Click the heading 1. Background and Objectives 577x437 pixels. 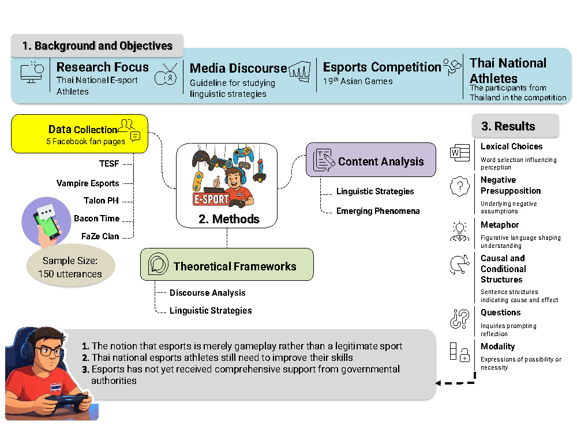coord(97,46)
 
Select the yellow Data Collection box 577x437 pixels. coord(80,134)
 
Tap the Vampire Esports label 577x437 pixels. coord(88,183)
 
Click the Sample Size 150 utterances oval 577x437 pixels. coord(71,268)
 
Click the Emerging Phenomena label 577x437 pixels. coord(378,211)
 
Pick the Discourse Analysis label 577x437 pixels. coord(207,293)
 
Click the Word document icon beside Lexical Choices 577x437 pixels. coord(458,153)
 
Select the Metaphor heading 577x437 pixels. coord(500,225)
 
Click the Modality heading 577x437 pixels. coord(497,346)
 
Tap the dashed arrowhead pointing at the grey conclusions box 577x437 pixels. coord(439,382)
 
